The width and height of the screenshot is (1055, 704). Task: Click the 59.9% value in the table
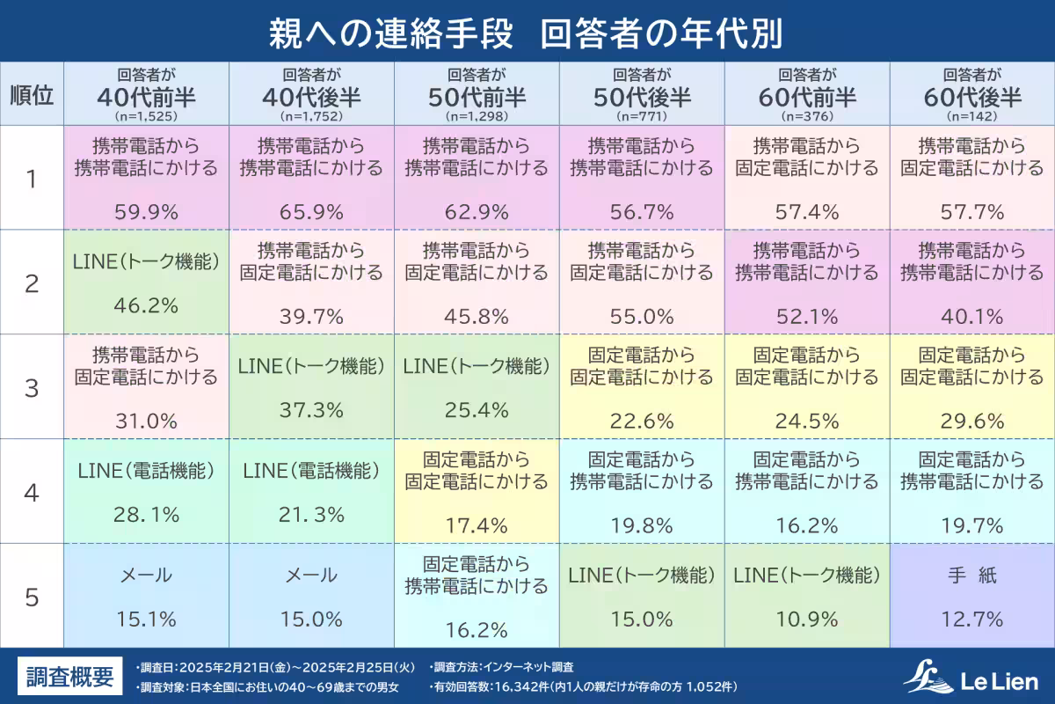pos(146,211)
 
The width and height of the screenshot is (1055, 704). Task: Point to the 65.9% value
pos(311,211)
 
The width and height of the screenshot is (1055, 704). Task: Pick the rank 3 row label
pos(32,387)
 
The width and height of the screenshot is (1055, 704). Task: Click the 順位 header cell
pos(32,94)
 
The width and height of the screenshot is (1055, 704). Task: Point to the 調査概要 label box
pos(70,677)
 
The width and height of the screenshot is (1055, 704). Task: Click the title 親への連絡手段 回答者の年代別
pos(527,32)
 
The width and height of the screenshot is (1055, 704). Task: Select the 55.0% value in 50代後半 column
pos(642,316)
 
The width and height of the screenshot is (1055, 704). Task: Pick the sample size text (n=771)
pos(642,115)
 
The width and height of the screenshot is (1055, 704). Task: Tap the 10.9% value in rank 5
pos(807,620)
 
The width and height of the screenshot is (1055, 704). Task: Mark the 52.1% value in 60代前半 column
pos(807,316)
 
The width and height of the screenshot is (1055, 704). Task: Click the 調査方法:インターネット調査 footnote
pos(503,667)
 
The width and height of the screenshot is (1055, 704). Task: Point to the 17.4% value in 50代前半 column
pos(477,526)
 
